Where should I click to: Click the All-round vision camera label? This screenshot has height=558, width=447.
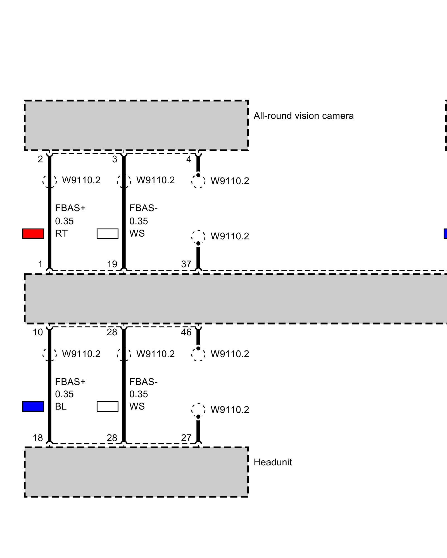303,116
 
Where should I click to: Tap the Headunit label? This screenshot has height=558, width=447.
273,462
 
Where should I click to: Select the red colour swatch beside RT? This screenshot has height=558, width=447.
33,234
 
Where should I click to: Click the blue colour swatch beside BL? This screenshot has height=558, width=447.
33,407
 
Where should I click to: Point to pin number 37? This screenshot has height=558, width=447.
186,264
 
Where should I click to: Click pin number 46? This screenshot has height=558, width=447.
186,332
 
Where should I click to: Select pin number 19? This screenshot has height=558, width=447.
112,264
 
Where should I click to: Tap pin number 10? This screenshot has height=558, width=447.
38,332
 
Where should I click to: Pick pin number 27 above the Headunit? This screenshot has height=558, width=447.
186,438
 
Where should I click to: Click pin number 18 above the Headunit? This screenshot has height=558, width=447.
38,438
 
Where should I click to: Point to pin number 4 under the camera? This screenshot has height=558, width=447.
189,159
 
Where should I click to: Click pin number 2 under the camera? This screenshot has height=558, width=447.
40,159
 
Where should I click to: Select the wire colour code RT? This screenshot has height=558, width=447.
61,233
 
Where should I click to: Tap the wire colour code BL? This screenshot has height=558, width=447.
61,406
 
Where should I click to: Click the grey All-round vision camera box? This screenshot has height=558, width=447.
136,125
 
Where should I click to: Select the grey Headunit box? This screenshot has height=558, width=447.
136,472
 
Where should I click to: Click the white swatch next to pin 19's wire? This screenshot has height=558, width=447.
108,234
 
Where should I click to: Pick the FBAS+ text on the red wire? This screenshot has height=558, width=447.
70,208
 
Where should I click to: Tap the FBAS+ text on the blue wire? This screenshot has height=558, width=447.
70,382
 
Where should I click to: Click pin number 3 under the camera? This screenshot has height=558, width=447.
115,159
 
